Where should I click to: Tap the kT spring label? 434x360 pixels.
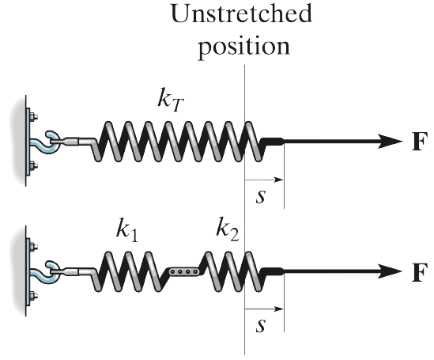click(x=171, y=100)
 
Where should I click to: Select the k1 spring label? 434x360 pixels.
click(x=126, y=229)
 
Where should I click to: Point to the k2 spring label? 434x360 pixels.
click(x=228, y=229)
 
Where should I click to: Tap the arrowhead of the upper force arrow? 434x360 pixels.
click(x=391, y=142)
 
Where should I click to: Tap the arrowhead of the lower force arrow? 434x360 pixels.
click(x=391, y=271)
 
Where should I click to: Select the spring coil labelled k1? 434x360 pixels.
click(x=130, y=271)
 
